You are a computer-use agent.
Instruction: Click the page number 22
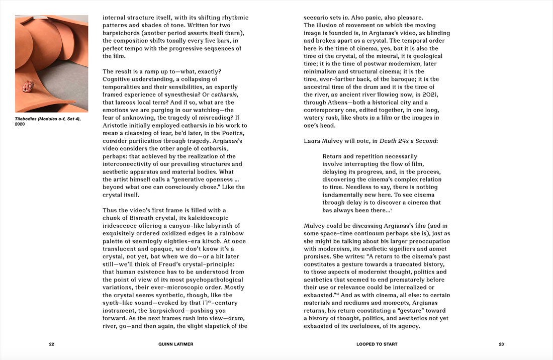coord(51,344)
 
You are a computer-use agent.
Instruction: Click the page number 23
coord(501,344)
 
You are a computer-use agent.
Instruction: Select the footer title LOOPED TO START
coord(377,344)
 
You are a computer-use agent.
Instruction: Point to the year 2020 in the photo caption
coord(21,124)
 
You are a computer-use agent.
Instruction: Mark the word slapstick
coord(217,326)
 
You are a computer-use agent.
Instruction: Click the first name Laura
coord(314,141)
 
